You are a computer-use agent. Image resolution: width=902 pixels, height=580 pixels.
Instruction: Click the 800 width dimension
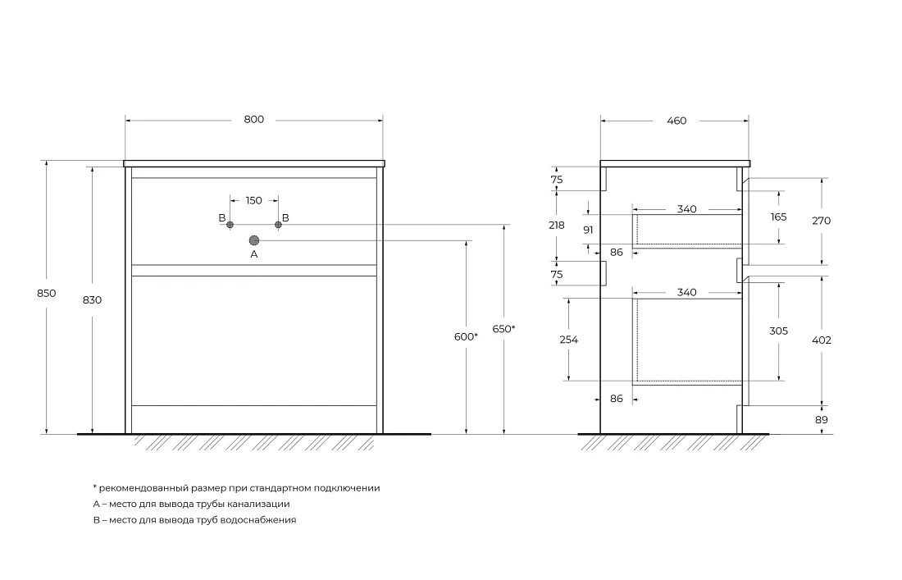pos(253,120)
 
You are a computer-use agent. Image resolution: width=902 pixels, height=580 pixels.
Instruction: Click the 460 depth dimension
pos(676,121)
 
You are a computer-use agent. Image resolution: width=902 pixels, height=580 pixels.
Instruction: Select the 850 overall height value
pos(47,294)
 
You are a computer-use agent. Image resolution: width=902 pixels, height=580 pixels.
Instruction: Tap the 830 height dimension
pos(92,299)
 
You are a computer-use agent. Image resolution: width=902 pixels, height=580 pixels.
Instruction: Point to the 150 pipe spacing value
pos(253,201)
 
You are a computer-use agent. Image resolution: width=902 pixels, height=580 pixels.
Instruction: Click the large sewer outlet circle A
pos(253,240)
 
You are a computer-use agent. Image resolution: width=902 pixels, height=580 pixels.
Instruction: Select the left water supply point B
pos(230,225)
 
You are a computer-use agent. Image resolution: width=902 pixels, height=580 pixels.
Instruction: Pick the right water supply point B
pos(279,225)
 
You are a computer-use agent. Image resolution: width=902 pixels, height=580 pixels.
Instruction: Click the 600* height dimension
pos(466,337)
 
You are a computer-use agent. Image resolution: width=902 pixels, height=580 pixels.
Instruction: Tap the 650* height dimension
pos(504,329)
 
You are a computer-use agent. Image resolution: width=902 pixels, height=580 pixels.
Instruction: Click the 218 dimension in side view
pos(556,226)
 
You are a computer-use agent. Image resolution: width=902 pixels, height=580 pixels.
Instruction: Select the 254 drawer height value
pos(568,340)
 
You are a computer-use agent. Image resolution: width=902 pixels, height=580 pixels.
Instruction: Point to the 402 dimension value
pos(822,340)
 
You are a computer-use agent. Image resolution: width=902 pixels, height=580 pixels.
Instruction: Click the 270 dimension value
pos(822,221)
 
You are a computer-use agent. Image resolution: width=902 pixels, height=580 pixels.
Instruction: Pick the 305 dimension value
pos(778,331)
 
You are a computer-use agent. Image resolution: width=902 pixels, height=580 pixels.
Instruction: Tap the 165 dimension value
pos(778,217)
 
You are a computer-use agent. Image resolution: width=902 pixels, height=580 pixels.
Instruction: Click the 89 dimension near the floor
pos(822,420)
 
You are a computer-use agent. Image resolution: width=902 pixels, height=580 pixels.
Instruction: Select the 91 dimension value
pos(588,231)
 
